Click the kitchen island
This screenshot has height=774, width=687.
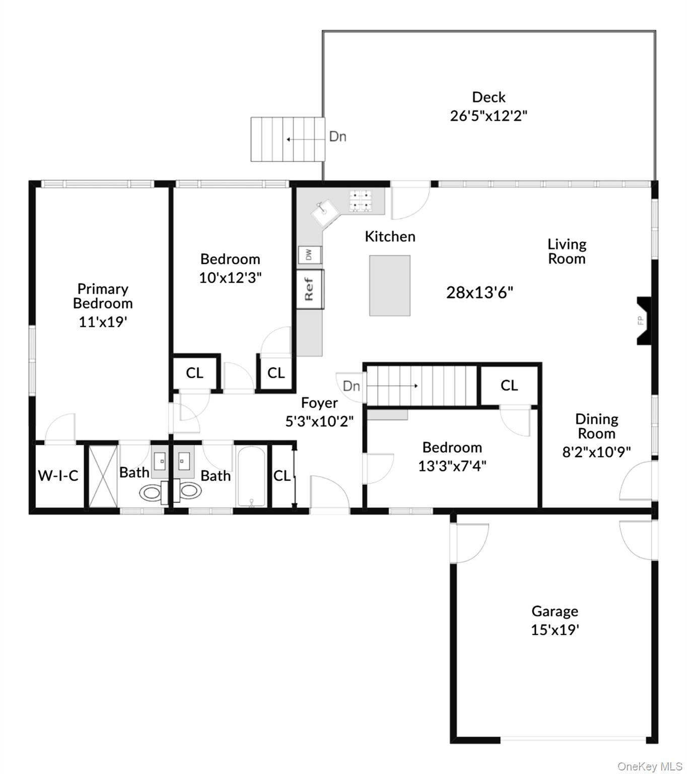[389, 285]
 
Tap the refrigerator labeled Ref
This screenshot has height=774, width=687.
[309, 289]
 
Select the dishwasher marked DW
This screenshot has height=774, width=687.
[309, 254]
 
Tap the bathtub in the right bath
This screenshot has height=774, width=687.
[251, 476]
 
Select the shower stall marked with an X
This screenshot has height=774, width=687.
[103, 476]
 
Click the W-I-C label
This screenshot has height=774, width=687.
[58, 475]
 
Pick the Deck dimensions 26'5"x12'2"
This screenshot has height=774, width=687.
[488, 116]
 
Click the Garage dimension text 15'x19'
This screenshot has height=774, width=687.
[555, 630]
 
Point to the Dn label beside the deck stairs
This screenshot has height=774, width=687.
[337, 137]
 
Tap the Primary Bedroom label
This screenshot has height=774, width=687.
[103, 296]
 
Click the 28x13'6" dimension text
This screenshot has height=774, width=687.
[479, 292]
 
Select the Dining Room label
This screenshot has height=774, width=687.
[596, 426]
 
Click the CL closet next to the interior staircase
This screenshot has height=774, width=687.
[509, 385]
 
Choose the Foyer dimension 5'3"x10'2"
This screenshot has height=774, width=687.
[319, 421]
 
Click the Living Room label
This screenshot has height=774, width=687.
[567, 251]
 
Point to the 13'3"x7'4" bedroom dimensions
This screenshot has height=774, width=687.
[452, 466]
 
